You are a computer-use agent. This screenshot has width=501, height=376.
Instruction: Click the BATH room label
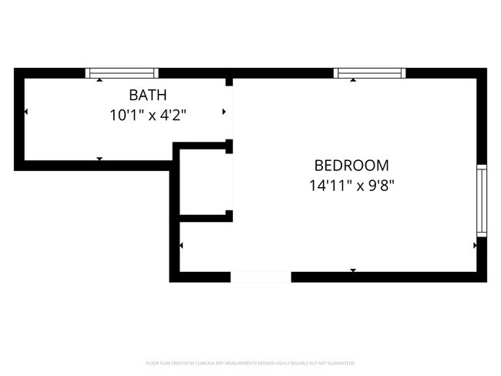[x=147, y=96]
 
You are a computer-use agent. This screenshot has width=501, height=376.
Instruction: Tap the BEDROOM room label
[x=351, y=165]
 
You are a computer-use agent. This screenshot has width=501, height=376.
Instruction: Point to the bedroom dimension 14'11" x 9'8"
[x=351, y=185]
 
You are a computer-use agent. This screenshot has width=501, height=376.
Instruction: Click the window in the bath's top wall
[x=122, y=73]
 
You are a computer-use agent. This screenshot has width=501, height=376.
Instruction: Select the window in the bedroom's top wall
[x=369, y=73]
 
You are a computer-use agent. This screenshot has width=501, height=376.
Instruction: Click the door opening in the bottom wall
[x=261, y=277]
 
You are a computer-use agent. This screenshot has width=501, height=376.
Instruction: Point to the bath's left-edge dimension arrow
[x=26, y=112]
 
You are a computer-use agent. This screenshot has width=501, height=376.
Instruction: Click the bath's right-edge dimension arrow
[x=224, y=112]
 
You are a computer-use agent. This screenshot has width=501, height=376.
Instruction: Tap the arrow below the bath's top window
[x=99, y=80]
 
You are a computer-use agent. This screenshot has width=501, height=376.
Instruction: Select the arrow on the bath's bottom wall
[x=99, y=159]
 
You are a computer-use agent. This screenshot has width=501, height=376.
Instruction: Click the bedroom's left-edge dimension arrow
[x=181, y=246]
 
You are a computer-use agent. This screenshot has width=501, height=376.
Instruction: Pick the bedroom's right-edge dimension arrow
[x=474, y=246]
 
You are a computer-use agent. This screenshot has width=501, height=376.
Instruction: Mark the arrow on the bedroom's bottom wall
[x=353, y=270]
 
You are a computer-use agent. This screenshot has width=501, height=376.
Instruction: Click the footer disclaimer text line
[x=250, y=362]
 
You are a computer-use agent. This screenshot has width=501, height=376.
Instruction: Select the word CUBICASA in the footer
[x=203, y=362]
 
